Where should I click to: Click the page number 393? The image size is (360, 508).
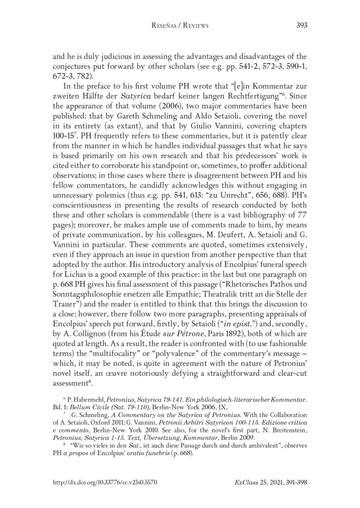(x=301, y=26)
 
